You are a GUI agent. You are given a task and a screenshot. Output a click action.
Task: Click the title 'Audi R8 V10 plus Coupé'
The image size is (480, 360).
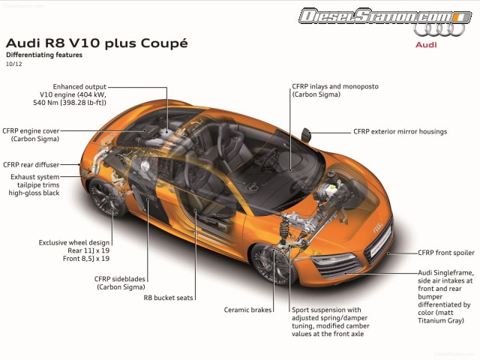pyautogui.click(x=96, y=43)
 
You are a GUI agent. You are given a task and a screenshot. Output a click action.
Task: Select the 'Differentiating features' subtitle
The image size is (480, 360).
pyautogui.click(x=44, y=55)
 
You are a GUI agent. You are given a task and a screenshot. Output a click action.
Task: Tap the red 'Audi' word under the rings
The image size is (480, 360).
pyautogui.click(x=427, y=45)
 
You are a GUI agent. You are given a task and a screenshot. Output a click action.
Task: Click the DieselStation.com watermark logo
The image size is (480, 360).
pyautogui.click(x=374, y=16)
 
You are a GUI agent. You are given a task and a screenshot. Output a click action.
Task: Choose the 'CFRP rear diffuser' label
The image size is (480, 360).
pyautogui.click(x=31, y=164)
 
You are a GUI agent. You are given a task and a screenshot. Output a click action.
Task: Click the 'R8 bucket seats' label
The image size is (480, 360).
pyautogui.click(x=169, y=298)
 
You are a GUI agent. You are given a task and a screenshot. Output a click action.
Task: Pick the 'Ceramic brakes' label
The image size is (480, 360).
pyautogui.click(x=248, y=310)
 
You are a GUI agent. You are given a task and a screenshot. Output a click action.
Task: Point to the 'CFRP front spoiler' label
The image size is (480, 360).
pyautogui.click(x=446, y=253)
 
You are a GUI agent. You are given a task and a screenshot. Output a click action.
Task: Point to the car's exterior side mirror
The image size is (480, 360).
pyautogui.click(x=306, y=133)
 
